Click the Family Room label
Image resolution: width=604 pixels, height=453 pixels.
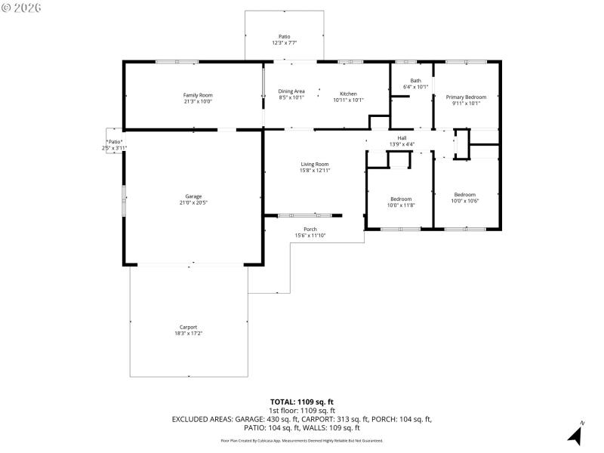click(x=198, y=95)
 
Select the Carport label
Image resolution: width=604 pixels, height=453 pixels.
click(x=188, y=327)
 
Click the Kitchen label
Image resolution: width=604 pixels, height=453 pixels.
click(x=348, y=94)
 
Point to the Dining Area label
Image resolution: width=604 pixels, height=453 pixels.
click(x=291, y=91)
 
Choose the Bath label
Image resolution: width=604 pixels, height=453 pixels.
click(x=415, y=81)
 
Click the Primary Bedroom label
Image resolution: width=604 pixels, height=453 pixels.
click(x=466, y=97)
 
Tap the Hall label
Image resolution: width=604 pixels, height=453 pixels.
click(x=402, y=138)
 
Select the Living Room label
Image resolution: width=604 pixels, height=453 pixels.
click(x=315, y=164)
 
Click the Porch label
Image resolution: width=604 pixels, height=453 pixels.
click(x=310, y=230)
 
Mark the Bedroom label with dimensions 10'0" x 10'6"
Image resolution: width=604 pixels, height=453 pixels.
click(x=465, y=194)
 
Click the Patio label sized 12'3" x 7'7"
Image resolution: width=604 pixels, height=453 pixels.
click(x=284, y=36)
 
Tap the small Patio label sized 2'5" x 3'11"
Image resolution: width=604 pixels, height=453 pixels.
click(x=114, y=141)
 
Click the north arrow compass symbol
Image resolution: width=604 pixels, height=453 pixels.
click(x=575, y=434)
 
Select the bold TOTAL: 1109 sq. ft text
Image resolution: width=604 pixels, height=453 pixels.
click(x=301, y=402)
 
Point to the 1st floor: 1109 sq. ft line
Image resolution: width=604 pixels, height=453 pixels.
click(x=301, y=410)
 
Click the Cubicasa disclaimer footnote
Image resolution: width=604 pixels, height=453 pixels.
click(x=301, y=440)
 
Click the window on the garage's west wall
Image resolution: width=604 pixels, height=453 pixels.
click(x=125, y=202)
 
